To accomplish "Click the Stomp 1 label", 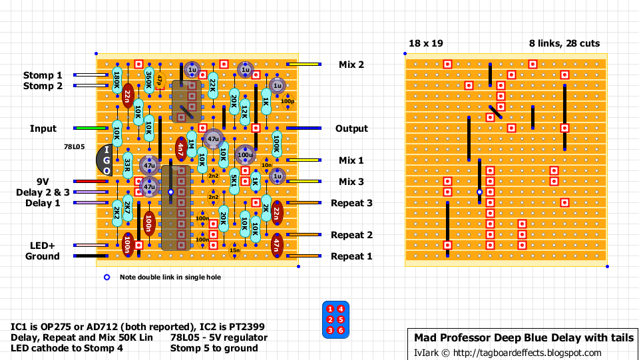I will [43, 75].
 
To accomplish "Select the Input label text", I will [43, 128].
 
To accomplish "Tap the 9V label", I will [43, 181].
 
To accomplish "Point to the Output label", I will [351, 128].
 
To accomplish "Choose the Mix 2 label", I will [351, 65].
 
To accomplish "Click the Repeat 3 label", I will [351, 203].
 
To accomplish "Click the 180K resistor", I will [116, 81].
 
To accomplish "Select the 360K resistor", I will [148, 81].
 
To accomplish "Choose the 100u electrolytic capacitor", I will [245, 155].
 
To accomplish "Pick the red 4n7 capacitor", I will [180, 149].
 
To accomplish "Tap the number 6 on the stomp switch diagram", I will [340, 330].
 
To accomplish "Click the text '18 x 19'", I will [425, 44].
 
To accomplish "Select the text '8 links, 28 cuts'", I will [564, 44].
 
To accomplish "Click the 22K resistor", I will [212, 85].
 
